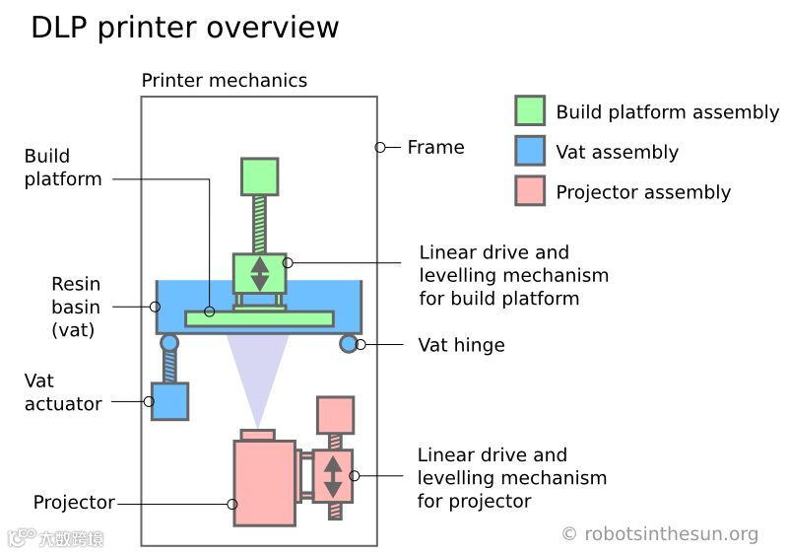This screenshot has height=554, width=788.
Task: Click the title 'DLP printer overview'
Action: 184,27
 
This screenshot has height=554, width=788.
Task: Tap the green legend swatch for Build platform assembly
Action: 530,110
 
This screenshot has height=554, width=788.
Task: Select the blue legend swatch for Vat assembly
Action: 530,151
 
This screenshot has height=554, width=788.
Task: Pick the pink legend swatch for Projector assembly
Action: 530,191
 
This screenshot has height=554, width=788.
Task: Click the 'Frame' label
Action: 435,147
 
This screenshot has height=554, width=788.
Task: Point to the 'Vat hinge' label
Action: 461,345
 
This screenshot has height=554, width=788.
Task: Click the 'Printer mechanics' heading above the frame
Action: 225,81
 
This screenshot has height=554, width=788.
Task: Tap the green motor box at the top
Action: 260,176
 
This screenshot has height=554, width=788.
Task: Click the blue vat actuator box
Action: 169,401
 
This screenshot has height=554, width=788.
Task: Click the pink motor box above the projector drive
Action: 335,415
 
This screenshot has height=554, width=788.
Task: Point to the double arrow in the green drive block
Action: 260,273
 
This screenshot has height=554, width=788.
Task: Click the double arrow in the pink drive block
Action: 334,476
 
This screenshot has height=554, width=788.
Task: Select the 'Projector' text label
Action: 74,503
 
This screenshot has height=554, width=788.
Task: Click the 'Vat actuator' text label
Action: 62,391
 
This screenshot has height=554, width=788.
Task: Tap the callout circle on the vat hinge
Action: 361,344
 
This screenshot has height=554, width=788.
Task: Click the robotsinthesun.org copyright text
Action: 660,534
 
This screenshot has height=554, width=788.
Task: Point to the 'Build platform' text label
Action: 62,168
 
